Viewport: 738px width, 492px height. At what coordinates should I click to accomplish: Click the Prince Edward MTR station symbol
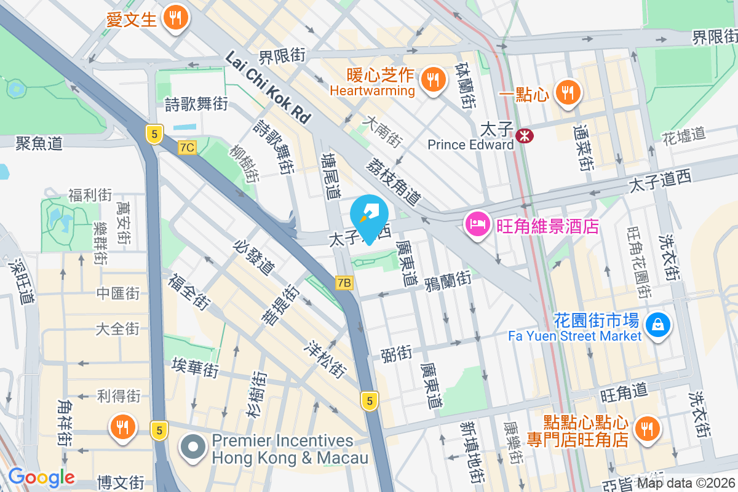(x=525, y=133)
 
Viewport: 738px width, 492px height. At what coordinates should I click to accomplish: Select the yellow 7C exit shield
(x=188, y=148)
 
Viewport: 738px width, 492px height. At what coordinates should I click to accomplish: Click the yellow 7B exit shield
(x=344, y=283)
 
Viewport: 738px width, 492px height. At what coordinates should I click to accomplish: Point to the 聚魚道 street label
(x=39, y=143)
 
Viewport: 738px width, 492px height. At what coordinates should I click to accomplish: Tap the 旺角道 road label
(x=624, y=389)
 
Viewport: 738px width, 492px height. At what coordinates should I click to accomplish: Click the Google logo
(x=41, y=477)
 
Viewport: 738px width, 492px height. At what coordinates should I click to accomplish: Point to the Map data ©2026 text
(x=686, y=483)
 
